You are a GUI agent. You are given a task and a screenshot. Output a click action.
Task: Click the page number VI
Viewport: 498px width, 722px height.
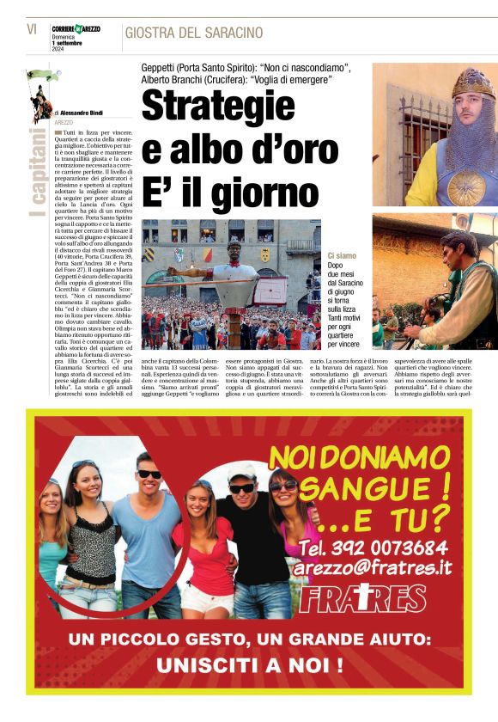(32, 29)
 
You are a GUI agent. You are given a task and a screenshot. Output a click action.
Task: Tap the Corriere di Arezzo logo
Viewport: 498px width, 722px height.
(76, 29)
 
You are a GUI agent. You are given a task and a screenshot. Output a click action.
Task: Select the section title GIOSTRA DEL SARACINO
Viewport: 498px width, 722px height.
(193, 33)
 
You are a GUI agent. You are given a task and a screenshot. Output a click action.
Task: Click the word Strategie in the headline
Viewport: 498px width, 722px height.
(218, 107)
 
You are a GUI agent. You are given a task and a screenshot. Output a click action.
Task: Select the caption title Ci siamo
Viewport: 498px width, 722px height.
(342, 256)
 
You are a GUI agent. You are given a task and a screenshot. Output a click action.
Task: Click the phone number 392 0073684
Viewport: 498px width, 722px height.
(385, 548)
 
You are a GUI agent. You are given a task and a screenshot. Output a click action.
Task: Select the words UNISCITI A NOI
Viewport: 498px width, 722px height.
(250, 664)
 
